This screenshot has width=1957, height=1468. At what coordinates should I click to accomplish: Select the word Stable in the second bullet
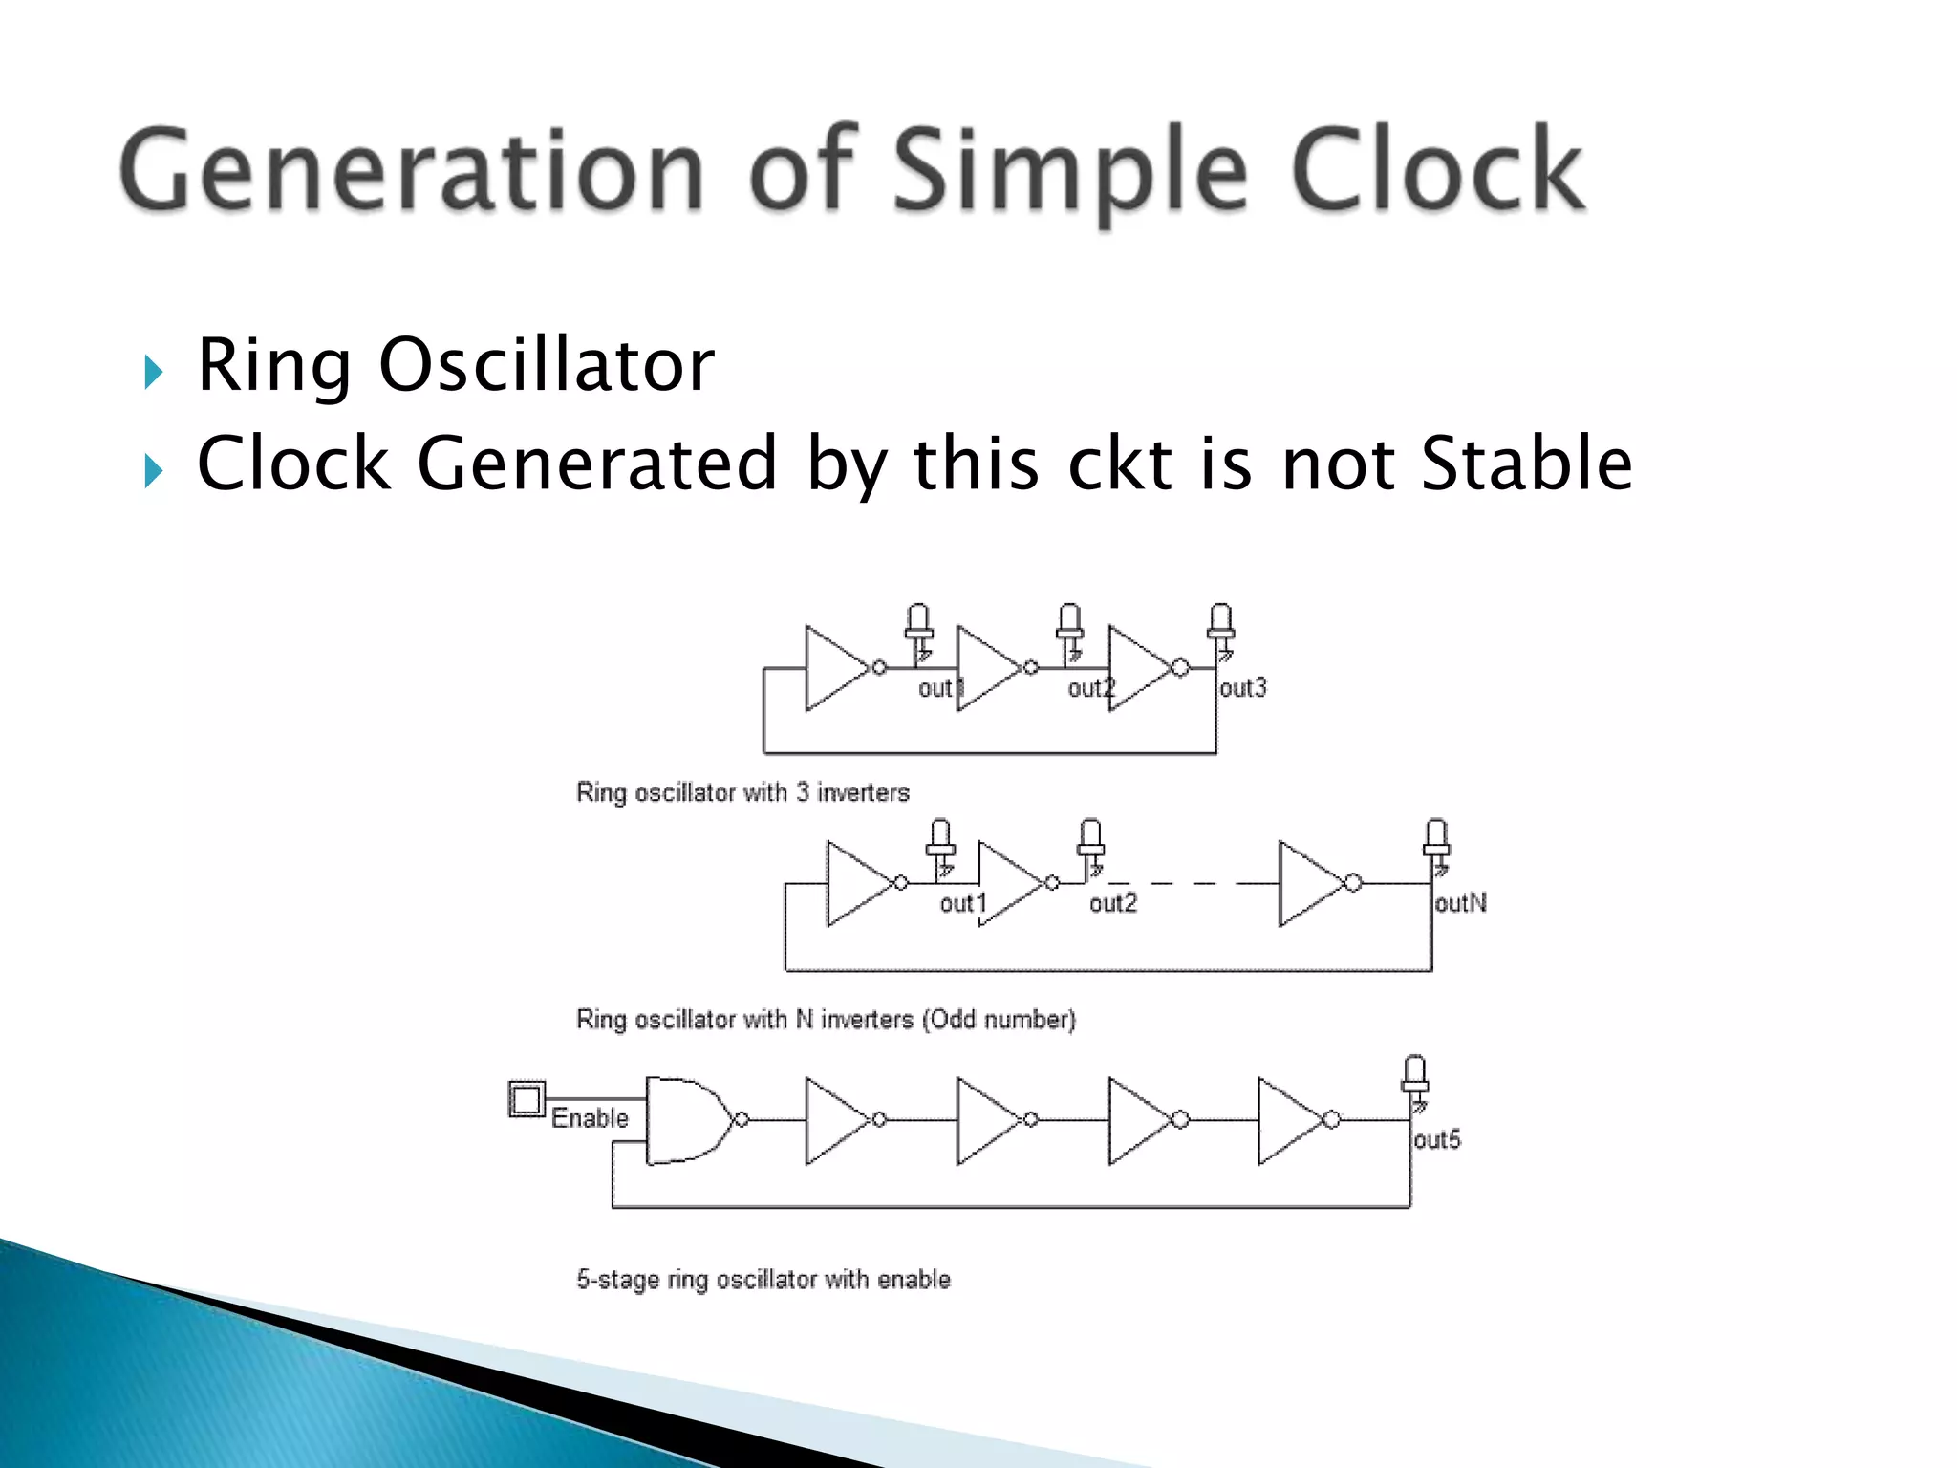tap(1526, 464)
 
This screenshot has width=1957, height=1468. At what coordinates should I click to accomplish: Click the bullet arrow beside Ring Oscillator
tap(153, 372)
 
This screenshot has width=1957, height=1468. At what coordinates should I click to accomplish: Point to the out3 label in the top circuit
tap(1242, 688)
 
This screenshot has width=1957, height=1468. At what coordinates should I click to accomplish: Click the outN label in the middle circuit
tap(1460, 903)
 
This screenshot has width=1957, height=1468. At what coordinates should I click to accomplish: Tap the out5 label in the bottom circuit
tap(1437, 1139)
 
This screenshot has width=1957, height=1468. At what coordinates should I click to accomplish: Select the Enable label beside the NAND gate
tap(590, 1118)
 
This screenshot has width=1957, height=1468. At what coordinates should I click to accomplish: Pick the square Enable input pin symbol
tap(527, 1099)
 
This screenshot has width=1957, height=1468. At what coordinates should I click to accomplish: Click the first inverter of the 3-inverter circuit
tap(837, 668)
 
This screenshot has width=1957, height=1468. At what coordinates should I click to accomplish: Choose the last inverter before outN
tap(1311, 884)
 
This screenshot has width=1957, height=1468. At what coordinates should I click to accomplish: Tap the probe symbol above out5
tap(1415, 1077)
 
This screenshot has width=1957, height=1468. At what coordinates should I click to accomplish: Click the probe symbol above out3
tap(1220, 624)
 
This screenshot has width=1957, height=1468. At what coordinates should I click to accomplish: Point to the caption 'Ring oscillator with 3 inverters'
tap(742, 792)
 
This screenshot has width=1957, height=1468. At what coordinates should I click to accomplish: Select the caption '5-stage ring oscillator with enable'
tap(763, 1280)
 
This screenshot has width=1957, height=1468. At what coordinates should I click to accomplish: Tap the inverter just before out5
tap(1290, 1120)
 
